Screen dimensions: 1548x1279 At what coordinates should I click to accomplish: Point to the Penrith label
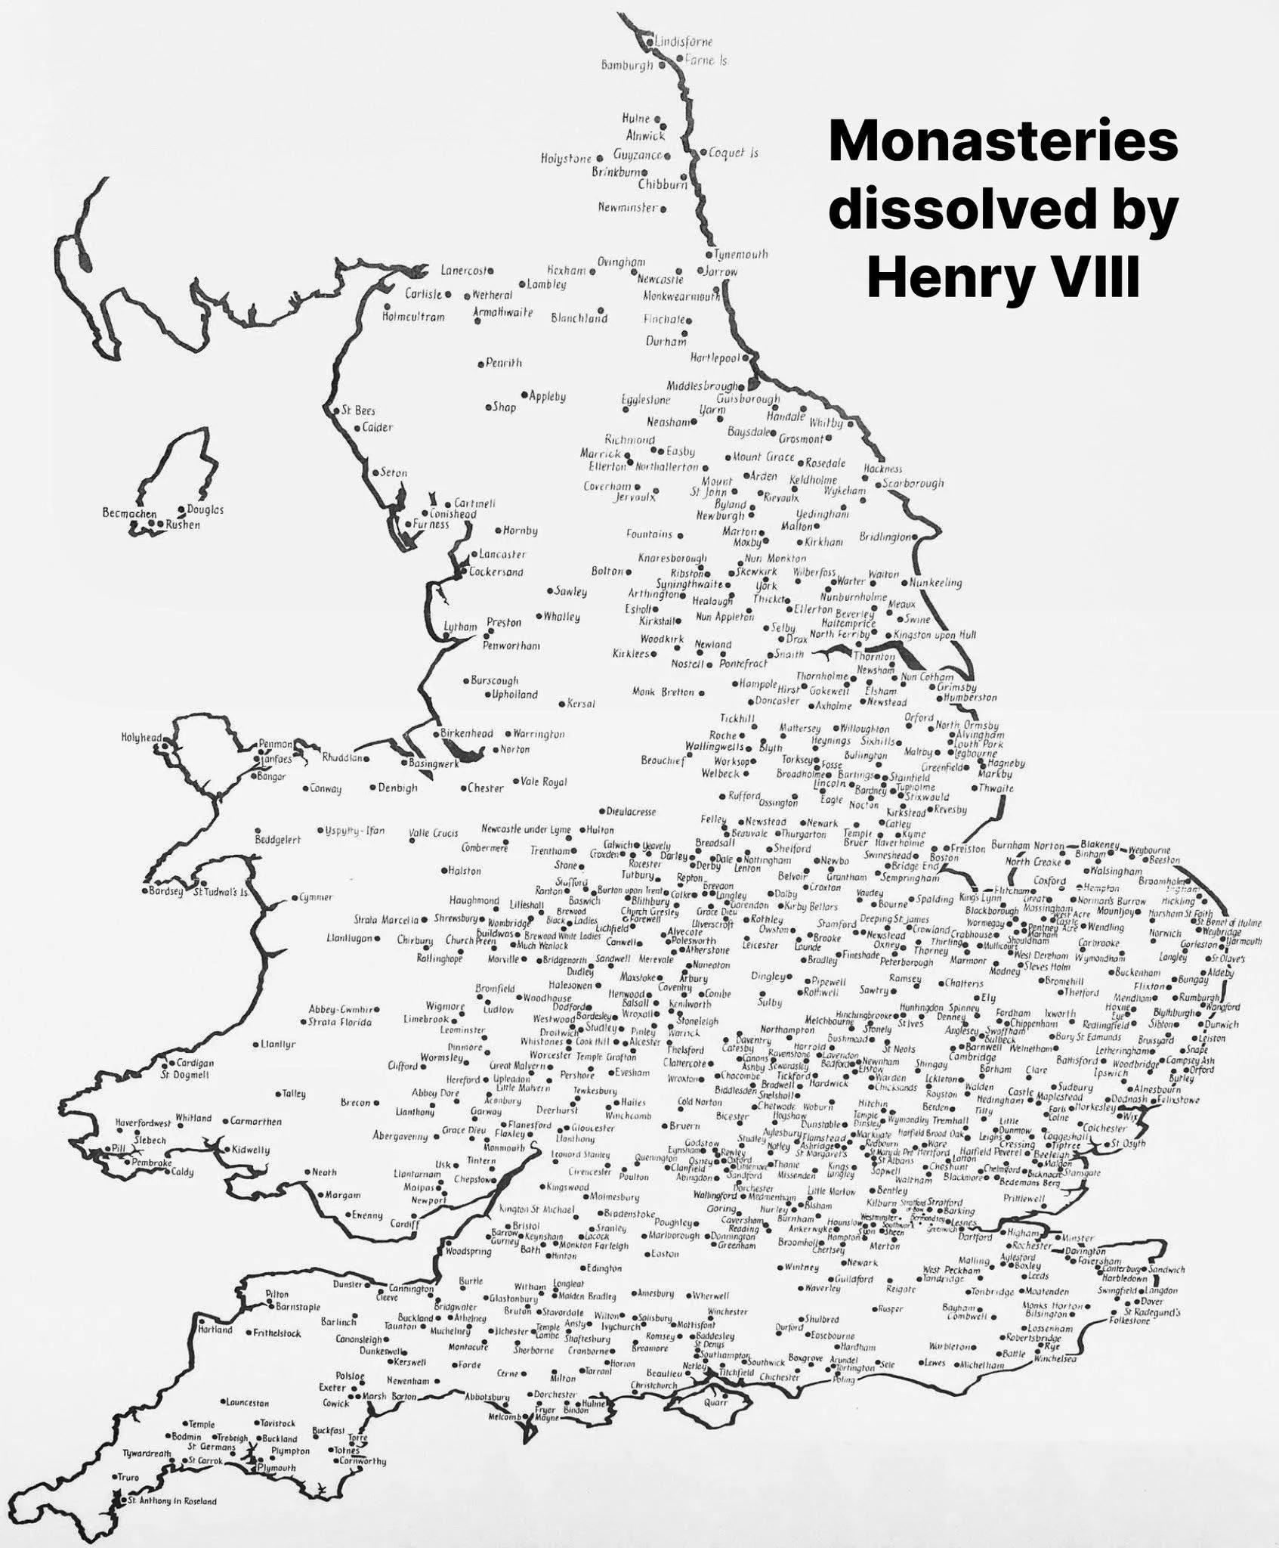(x=503, y=363)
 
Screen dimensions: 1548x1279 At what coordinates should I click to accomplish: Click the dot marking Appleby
(x=524, y=395)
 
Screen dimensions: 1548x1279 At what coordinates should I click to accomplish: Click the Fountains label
(x=649, y=534)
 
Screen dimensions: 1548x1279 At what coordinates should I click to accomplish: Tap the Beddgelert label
(x=278, y=840)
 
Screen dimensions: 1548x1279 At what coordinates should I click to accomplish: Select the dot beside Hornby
(x=498, y=531)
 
